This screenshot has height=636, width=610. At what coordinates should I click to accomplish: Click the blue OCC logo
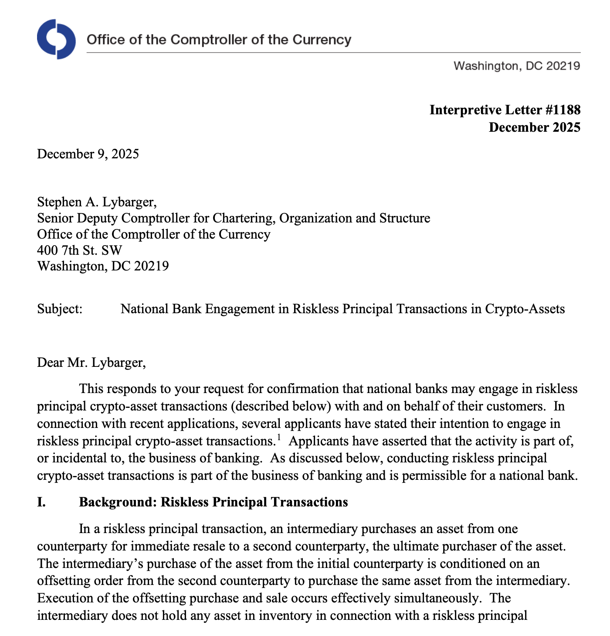pyautogui.click(x=56, y=39)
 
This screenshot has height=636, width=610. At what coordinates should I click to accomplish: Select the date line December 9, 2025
pyautogui.click(x=88, y=154)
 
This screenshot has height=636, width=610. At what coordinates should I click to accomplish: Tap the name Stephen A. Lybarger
pyautogui.click(x=96, y=202)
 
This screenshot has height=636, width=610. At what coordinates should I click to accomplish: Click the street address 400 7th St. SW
pyautogui.click(x=80, y=250)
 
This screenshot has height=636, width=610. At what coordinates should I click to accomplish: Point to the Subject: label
pyautogui.click(x=60, y=309)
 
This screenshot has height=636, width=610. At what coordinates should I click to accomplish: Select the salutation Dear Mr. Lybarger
pyautogui.click(x=91, y=362)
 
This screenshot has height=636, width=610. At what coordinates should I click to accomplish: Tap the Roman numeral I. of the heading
pyautogui.click(x=41, y=502)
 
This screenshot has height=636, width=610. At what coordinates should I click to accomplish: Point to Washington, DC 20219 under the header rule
pyautogui.click(x=517, y=66)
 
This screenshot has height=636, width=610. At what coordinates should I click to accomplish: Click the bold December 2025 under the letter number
pyautogui.click(x=535, y=127)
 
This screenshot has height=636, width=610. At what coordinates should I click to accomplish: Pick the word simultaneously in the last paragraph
pyautogui.click(x=441, y=598)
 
